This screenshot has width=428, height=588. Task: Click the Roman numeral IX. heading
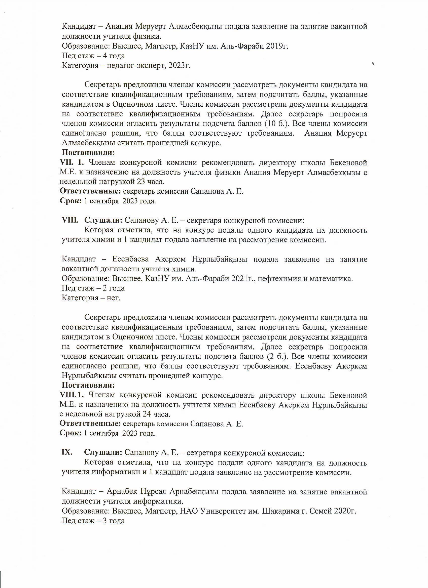67,453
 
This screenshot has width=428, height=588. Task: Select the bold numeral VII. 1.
72,162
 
